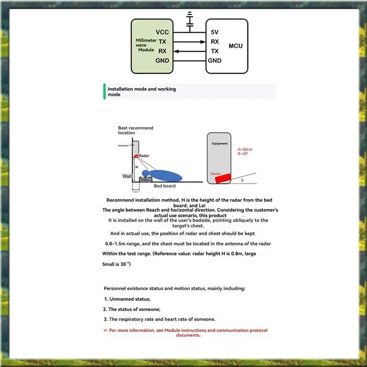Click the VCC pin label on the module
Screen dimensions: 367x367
coord(162,32)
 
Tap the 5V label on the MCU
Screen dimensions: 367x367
coord(215,33)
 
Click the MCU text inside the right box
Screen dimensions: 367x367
coord(235,46)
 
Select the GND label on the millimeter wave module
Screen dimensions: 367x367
coord(162,61)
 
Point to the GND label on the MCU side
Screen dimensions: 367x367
coord(215,61)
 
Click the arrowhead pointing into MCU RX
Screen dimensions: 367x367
coord(203,42)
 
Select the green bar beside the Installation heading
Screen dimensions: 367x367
coord(105,91)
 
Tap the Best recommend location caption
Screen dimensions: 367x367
coord(135,130)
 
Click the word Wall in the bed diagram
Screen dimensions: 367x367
coord(127,176)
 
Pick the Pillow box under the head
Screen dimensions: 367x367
coord(145,180)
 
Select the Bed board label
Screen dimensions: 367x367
coord(164,186)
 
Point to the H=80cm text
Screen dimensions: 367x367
coord(245,150)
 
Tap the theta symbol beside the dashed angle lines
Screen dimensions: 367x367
coord(242,180)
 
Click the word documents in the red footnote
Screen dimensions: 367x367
coord(188,335)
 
